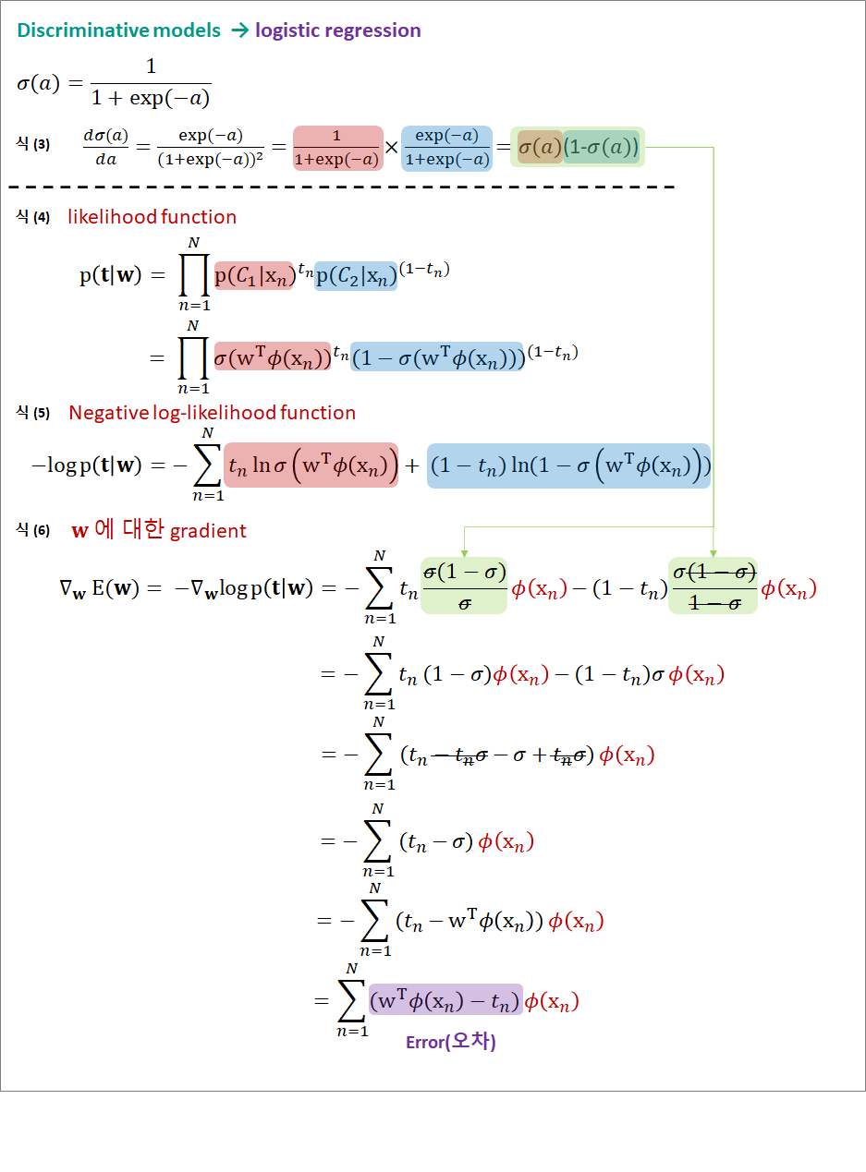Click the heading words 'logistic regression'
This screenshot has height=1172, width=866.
(x=338, y=30)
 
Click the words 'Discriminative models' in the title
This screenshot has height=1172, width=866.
(x=119, y=30)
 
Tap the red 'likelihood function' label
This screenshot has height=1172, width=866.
(x=152, y=217)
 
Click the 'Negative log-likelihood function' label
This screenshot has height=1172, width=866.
(x=212, y=413)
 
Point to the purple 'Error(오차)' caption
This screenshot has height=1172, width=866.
(x=451, y=1042)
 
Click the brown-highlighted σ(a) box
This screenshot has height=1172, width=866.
(x=540, y=147)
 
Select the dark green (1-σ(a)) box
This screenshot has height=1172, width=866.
(x=602, y=147)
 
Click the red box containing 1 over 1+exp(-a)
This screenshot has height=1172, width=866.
(x=337, y=148)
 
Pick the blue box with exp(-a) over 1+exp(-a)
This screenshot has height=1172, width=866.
(x=446, y=148)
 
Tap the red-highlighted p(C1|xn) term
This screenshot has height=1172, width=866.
(x=253, y=275)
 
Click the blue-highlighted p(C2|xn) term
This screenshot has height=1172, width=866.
(x=356, y=275)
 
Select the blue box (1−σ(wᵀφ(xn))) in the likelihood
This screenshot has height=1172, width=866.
(x=437, y=357)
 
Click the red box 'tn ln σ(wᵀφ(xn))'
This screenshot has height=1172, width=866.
(x=311, y=465)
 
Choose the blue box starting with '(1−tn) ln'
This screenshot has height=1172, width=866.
(x=568, y=466)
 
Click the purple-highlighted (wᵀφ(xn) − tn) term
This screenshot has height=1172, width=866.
(x=445, y=1000)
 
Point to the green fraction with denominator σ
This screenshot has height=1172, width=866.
(x=464, y=586)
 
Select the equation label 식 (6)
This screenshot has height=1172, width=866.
(x=33, y=531)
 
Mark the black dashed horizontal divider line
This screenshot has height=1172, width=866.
(x=342, y=187)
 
